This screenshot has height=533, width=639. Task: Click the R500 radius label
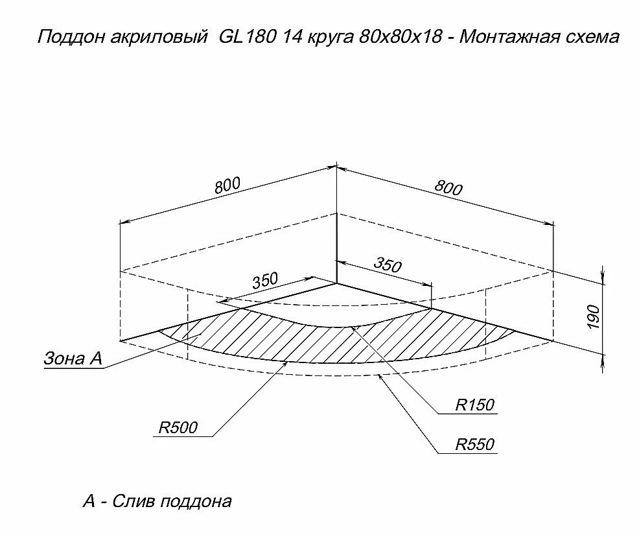click(x=178, y=427)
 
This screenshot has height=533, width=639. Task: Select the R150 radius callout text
click(x=475, y=405)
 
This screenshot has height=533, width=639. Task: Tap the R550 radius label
click(x=475, y=444)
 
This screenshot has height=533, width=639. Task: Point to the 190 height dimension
click(x=594, y=317)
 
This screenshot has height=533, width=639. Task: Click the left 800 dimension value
click(x=228, y=185)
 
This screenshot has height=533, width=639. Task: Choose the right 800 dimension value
click(x=448, y=188)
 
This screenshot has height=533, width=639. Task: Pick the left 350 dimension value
click(x=265, y=281)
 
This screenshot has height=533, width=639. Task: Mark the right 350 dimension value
click(x=388, y=265)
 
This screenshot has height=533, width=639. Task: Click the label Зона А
click(x=73, y=358)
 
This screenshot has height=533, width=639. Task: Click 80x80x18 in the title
click(x=401, y=37)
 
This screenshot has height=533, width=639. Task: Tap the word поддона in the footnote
click(x=196, y=502)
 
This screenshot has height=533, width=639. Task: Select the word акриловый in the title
click(x=159, y=38)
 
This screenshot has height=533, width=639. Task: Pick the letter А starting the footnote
click(x=89, y=501)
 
